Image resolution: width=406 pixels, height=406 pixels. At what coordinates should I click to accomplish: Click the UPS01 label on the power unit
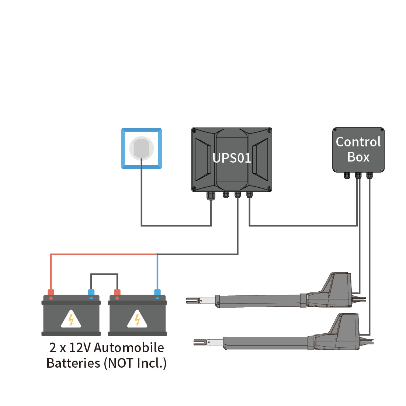[x=232, y=158]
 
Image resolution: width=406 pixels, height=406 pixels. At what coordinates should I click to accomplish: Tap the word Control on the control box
[x=358, y=142]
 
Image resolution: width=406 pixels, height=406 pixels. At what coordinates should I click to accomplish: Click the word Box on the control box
[x=358, y=157]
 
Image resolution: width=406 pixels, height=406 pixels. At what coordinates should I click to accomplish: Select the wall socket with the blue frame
[x=142, y=148]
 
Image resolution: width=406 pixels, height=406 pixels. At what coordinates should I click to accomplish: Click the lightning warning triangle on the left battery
[x=71, y=319]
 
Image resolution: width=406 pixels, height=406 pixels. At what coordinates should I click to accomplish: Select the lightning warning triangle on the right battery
[x=137, y=319]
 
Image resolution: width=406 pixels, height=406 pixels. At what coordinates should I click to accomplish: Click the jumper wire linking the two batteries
[x=104, y=274]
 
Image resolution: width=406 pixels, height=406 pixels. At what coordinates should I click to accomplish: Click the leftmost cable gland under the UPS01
[x=211, y=195]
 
